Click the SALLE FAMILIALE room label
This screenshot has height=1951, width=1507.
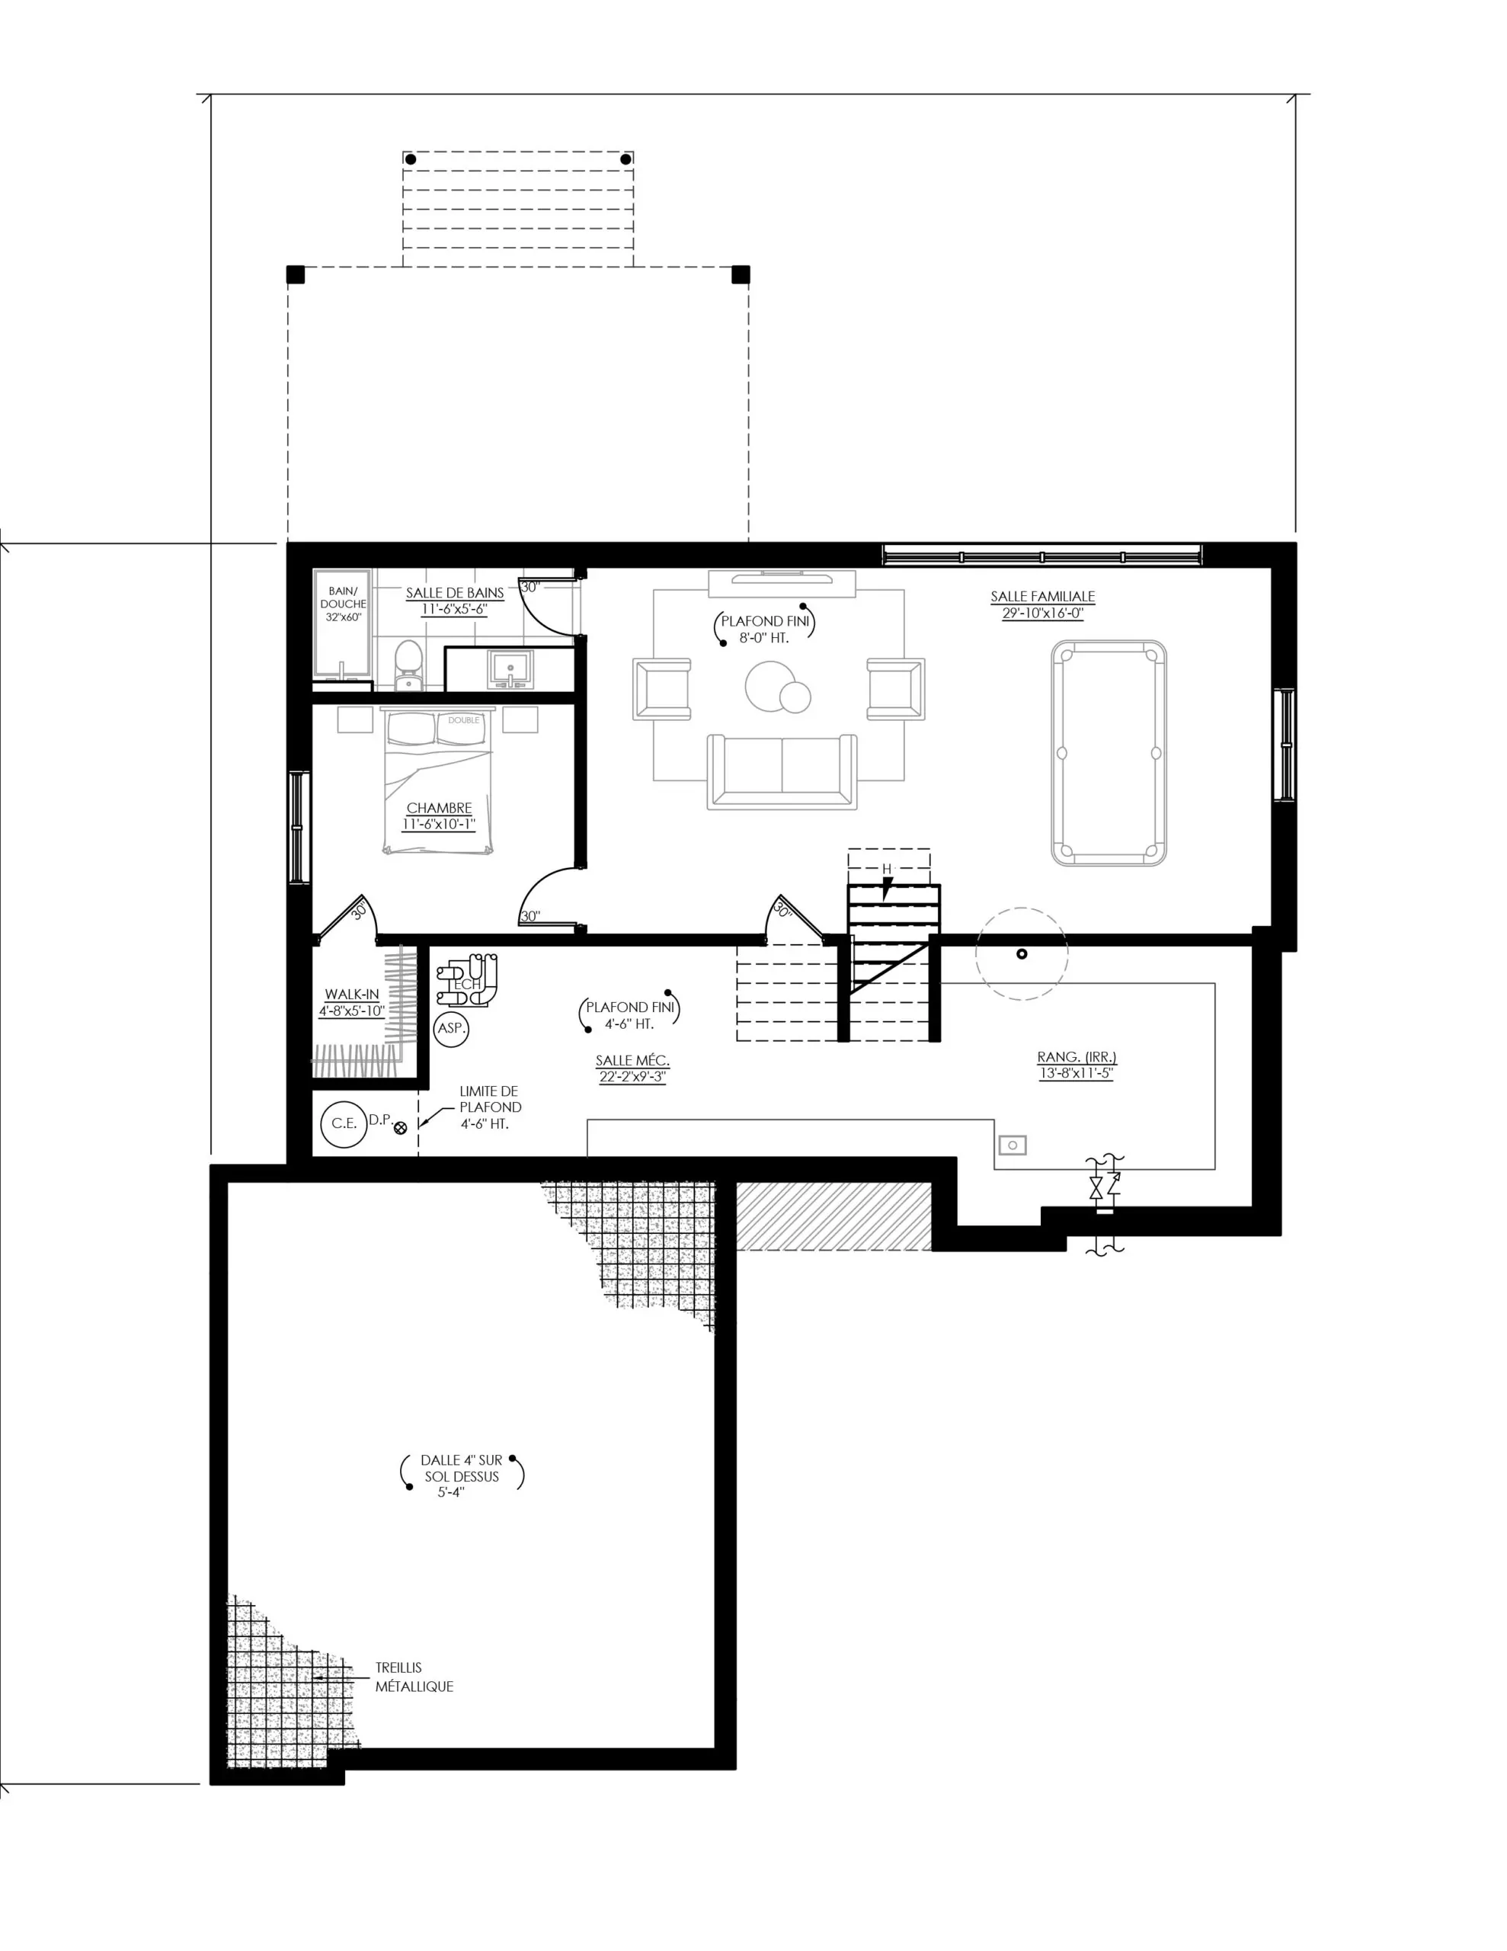1041,596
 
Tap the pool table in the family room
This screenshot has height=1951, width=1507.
1108,752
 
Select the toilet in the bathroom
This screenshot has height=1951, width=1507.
408,665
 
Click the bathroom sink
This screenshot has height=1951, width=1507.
510,669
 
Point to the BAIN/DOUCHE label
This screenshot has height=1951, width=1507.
343,597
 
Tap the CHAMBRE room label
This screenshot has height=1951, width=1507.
439,808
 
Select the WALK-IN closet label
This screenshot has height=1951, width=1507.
351,993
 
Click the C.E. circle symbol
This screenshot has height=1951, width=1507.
344,1123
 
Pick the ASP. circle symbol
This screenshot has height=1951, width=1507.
451,1027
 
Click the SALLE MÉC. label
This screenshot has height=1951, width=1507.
632,1060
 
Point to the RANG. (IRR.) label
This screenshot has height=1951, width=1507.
1077,1057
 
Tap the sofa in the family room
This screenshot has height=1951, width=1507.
782,772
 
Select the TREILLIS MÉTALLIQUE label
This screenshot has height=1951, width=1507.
414,1677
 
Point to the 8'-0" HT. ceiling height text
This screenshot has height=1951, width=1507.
763,638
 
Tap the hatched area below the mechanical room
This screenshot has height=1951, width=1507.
833,1216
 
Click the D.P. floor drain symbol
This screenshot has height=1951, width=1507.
400,1127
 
